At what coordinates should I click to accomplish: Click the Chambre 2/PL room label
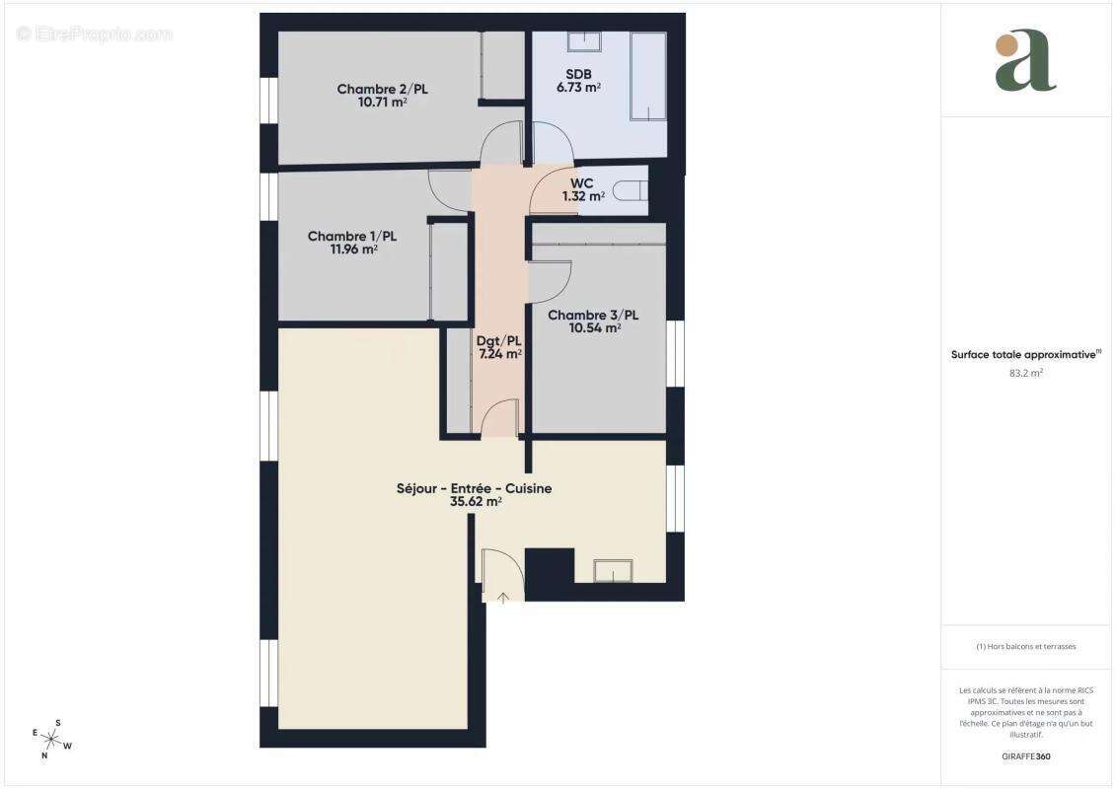tap(382, 89)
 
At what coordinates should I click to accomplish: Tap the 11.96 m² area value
tap(353, 250)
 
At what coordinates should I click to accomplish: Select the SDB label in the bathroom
tap(578, 74)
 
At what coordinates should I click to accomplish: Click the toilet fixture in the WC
tap(631, 191)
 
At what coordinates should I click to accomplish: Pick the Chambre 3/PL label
tap(593, 316)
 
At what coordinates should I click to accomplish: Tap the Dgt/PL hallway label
tap(499, 340)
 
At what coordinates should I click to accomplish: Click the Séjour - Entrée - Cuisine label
tap(474, 488)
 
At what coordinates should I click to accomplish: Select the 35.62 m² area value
tap(476, 501)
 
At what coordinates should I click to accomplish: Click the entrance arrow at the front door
tap(503, 596)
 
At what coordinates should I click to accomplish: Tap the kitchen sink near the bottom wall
tap(613, 572)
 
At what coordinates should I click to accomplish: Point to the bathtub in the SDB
tap(648, 76)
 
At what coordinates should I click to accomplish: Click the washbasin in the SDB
tap(584, 41)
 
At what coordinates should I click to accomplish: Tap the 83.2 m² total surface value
tap(1025, 374)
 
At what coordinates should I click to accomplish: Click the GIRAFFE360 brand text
tap(1025, 756)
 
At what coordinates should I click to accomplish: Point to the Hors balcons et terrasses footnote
tap(1025, 647)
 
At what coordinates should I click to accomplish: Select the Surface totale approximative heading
tap(1023, 354)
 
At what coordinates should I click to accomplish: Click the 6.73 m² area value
tap(578, 88)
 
